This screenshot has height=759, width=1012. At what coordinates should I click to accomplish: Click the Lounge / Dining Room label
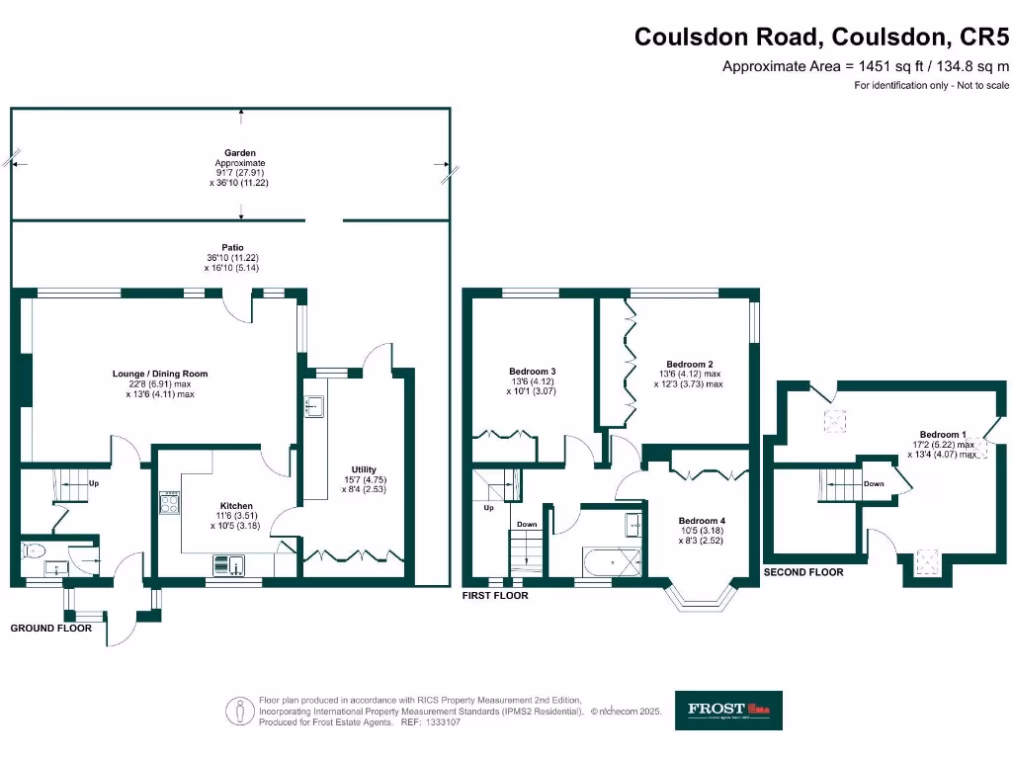[x=160, y=374]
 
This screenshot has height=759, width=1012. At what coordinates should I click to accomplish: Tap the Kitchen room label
[x=236, y=505]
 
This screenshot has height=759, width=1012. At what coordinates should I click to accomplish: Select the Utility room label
[x=364, y=469]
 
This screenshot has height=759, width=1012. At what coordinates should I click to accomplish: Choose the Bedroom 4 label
[x=702, y=521]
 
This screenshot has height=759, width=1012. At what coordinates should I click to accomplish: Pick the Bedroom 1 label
[x=941, y=435]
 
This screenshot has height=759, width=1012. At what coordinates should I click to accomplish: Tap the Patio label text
[x=233, y=247]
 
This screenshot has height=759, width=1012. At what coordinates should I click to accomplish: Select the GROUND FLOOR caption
[x=51, y=628]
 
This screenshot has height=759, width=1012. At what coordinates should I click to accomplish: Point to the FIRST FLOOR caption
[x=496, y=596]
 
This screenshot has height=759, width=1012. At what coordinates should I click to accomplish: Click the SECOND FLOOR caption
[x=803, y=572]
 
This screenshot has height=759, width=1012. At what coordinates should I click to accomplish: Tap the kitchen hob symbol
[x=169, y=502]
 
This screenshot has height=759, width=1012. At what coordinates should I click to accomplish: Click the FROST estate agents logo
[x=728, y=710]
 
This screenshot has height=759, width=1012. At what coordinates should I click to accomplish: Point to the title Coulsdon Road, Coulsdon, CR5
[x=821, y=37]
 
